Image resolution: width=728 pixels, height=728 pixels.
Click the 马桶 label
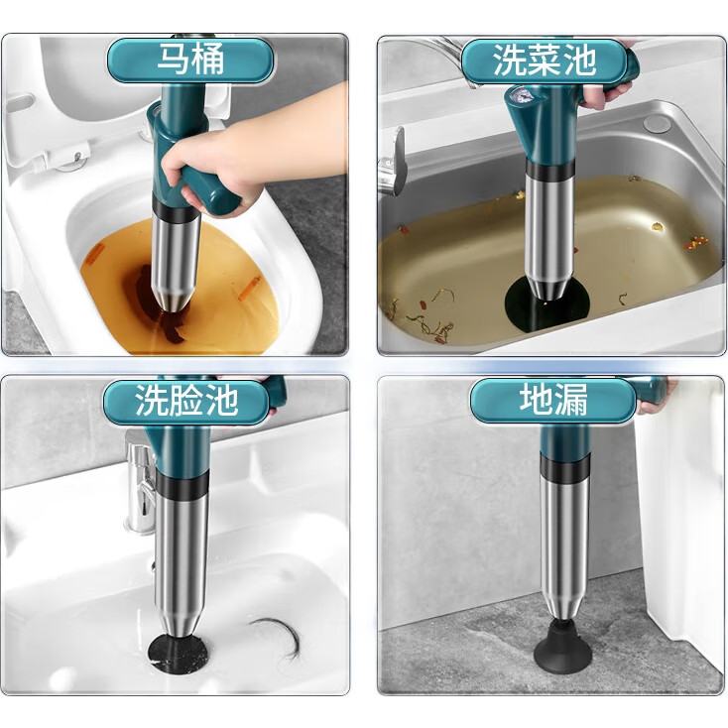[x=190, y=61]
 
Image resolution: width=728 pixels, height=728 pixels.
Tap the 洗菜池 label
[x=545, y=61]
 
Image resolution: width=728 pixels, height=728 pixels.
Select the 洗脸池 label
[x=186, y=401]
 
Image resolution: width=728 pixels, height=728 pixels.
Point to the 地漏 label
[x=553, y=401]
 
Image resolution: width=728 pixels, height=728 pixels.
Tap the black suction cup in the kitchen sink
[x=546, y=303]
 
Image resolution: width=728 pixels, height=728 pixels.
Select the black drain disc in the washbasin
[x=179, y=654]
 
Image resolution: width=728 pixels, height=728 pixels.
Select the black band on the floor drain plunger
[x=565, y=469]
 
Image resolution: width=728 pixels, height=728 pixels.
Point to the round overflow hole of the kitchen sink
[x=657, y=123]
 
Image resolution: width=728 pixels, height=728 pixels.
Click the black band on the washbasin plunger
[x=182, y=484]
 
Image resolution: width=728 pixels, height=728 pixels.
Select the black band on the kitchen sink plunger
[x=550, y=171]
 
